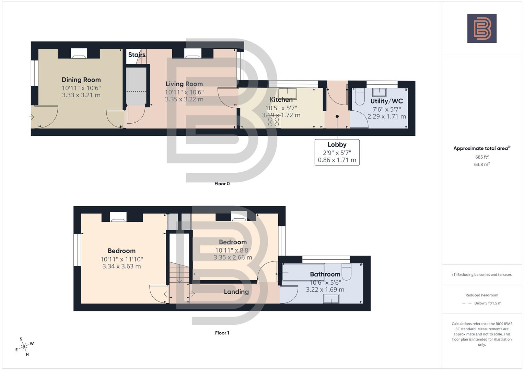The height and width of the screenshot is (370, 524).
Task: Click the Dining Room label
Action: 81,80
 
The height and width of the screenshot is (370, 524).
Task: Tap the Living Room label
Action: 184,84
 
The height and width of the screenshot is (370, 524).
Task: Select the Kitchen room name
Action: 281,100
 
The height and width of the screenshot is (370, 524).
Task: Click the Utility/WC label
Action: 386,101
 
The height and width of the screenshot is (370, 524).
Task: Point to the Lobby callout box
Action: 337,152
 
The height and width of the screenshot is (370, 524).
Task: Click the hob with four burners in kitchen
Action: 273,122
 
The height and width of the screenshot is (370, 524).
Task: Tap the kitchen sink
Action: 287,93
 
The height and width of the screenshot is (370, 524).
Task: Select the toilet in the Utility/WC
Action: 359,97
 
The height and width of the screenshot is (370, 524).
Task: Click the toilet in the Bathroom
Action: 347,272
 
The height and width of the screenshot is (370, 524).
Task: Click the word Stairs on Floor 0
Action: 137,55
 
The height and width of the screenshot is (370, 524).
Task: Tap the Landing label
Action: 236,292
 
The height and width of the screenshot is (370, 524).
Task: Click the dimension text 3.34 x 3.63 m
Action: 121,266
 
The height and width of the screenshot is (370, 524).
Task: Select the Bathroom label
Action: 325,274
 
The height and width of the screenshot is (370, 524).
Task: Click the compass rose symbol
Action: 24,347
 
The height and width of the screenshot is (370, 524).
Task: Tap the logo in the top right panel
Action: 482,28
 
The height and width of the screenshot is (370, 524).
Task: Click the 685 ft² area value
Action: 482,157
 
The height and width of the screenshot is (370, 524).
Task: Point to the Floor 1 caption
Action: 222,333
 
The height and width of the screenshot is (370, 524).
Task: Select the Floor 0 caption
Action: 222,184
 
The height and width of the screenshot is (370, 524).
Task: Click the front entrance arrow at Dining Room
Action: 32,117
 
